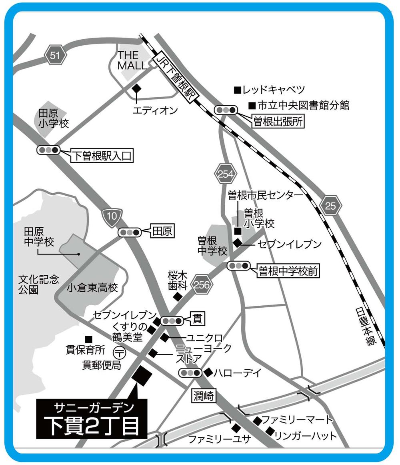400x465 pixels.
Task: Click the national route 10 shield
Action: click(x=112, y=218)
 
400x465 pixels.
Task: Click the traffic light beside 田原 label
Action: click(x=130, y=232)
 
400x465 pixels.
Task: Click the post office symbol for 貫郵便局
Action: click(x=119, y=353)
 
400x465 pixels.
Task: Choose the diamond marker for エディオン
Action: click(x=137, y=88)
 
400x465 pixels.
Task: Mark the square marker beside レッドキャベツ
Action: click(x=237, y=89)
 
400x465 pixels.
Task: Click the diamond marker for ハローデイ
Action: click(x=208, y=372)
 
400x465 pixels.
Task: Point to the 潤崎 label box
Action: click(x=204, y=396)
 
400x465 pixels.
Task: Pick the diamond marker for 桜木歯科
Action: click(x=177, y=297)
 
